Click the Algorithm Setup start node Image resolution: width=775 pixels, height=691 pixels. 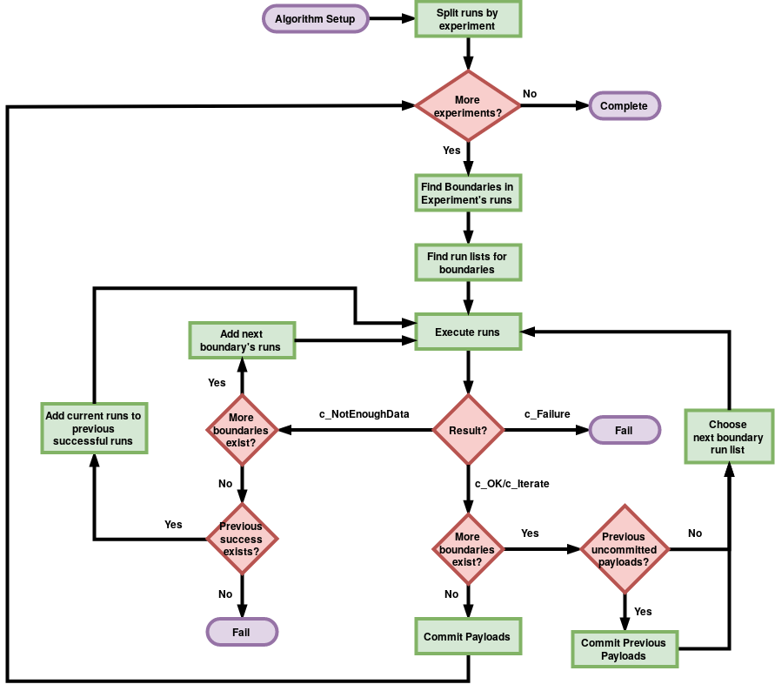point(315,19)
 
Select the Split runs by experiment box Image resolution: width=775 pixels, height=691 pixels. point(468,19)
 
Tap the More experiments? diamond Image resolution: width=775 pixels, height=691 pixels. point(468,106)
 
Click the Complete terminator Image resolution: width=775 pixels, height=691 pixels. point(625,106)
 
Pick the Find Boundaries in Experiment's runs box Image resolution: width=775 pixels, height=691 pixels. point(468,193)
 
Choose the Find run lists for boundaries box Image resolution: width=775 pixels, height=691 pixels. point(468,263)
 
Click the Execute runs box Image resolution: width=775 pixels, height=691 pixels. point(468,332)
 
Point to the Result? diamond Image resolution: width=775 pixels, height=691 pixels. point(468,430)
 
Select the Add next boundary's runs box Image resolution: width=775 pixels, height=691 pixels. point(241,340)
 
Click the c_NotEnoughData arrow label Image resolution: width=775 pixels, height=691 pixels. point(364,414)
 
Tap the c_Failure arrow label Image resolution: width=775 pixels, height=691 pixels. point(547,414)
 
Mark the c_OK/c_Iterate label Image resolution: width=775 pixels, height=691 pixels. point(511,483)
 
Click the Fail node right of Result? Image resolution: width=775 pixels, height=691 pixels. point(625,430)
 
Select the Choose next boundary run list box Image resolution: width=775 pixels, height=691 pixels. point(727,437)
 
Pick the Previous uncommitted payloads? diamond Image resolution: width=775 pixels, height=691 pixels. point(624,549)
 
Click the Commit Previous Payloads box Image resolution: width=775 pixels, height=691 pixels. point(624,649)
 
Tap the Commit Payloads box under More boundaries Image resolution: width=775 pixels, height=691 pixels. point(468,637)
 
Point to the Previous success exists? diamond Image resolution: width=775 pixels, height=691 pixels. point(241,540)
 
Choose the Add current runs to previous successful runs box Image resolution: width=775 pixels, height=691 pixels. point(93,428)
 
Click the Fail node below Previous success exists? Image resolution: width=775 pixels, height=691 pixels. point(241,633)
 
